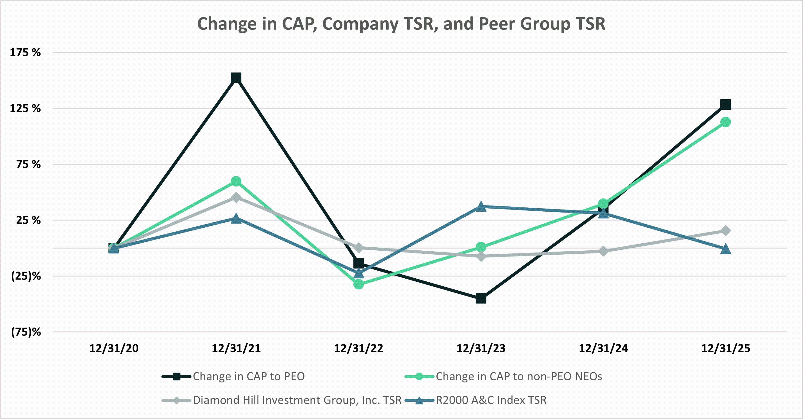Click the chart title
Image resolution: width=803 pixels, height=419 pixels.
[x=401, y=24]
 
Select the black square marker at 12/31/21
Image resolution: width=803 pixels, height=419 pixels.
[x=236, y=78]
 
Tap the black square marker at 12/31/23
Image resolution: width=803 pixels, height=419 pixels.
[x=481, y=298]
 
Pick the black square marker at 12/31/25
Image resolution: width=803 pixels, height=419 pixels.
[x=725, y=104]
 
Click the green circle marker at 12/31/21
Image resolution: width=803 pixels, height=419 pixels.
[x=236, y=181]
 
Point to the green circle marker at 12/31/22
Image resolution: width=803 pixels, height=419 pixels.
[x=359, y=284]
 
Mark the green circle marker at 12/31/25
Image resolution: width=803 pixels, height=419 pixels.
[x=725, y=122]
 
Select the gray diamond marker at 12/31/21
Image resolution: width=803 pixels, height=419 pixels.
[x=236, y=198]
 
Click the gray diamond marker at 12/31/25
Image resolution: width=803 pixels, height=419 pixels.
[x=725, y=230]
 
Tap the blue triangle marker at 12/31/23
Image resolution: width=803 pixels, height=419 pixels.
[x=481, y=207]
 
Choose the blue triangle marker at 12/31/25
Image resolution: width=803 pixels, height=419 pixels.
[x=725, y=249]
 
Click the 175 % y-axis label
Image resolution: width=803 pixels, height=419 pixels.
[x=25, y=52]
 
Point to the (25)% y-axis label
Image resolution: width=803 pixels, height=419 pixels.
[x=26, y=276]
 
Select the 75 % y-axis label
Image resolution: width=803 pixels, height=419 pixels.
[x=28, y=164]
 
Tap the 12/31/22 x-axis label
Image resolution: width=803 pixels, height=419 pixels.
[x=359, y=348]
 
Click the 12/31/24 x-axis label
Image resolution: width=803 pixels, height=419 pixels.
[x=603, y=348]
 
